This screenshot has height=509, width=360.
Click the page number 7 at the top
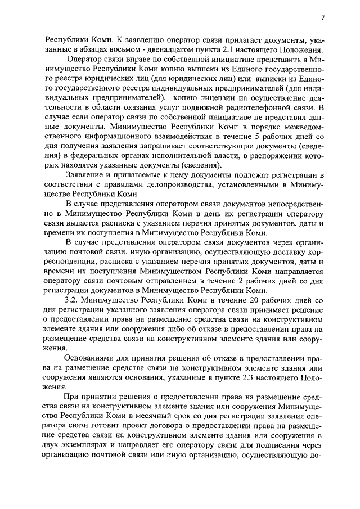(x=323, y=18)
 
